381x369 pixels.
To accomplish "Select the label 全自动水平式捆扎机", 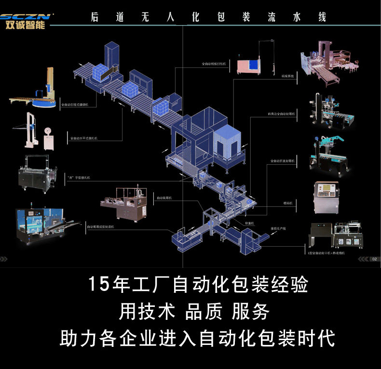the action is (83, 138).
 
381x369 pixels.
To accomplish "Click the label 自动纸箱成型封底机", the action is (100, 226).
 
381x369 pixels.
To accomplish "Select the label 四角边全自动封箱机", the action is (282, 114).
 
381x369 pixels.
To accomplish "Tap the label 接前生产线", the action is (277, 228).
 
